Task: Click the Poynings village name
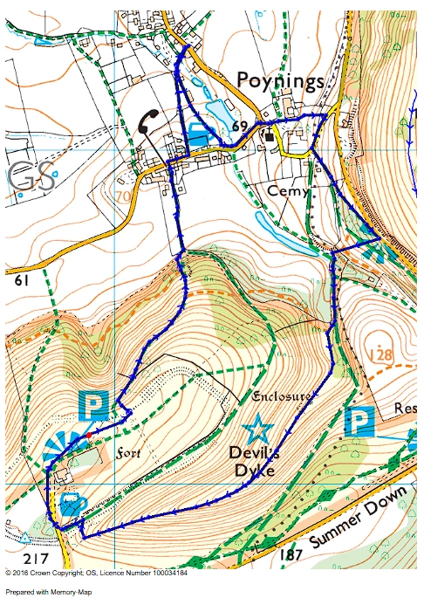pos(281,80)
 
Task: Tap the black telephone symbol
pos(149,121)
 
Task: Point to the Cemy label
pos(289,191)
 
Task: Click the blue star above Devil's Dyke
pos(256,429)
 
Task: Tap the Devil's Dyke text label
pos(252,462)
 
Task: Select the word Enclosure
pos(280,397)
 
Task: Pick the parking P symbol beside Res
pos(359,422)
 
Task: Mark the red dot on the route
pos(88,434)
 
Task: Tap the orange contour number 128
pos(381,354)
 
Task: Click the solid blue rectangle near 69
pos(199,136)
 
